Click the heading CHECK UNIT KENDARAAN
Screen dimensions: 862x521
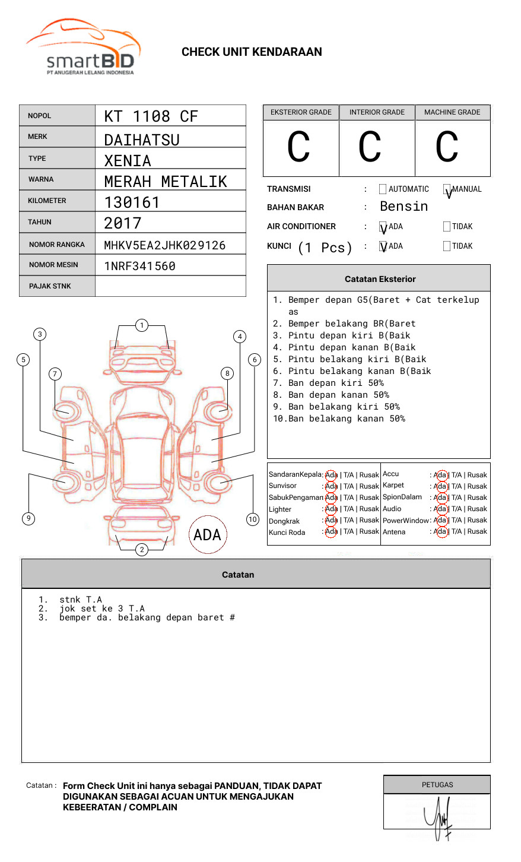pyautogui.click(x=252, y=52)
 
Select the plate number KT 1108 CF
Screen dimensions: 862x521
pyautogui.click(x=151, y=116)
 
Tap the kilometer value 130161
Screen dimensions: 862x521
pyautogui.click(x=132, y=202)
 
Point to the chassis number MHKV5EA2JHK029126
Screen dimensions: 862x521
pyautogui.click(x=164, y=245)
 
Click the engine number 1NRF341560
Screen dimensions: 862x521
pyautogui.click(x=139, y=266)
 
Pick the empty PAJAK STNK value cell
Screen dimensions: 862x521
pyautogui.click(x=170, y=286)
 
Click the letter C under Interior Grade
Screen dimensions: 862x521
pyautogui.click(x=370, y=147)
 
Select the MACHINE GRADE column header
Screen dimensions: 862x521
pyautogui.click(x=452, y=112)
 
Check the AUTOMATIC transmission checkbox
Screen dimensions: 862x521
pyautogui.click(x=383, y=189)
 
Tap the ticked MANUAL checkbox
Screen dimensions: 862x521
pyautogui.click(x=447, y=189)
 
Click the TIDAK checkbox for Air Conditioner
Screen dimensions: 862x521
pyautogui.click(x=447, y=227)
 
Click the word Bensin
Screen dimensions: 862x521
pyautogui.click(x=404, y=207)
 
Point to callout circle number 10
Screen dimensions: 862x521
pyautogui.click(x=253, y=519)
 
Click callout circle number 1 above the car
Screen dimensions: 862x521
pyautogui.click(x=141, y=325)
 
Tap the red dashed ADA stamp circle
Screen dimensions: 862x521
pyautogui.click(x=207, y=534)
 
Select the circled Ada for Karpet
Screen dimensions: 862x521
pyautogui.click(x=440, y=486)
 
